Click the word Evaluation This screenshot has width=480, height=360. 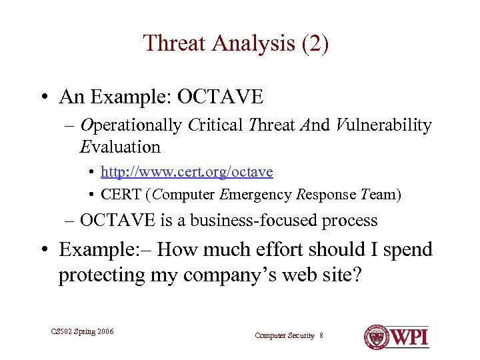pyautogui.click(x=120, y=147)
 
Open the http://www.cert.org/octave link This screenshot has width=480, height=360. pyautogui.click(x=187, y=172)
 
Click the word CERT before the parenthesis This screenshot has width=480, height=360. pyautogui.click(x=121, y=195)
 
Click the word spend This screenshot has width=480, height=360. pyautogui.click(x=405, y=250)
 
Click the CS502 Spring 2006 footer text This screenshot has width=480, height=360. pyautogui.click(x=82, y=331)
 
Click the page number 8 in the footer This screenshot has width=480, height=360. pyautogui.click(x=321, y=335)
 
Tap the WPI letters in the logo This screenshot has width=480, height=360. pyautogui.click(x=407, y=337)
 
